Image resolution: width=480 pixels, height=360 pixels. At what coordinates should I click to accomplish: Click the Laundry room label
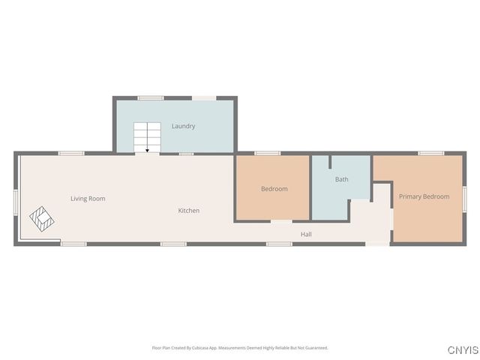click(183, 126)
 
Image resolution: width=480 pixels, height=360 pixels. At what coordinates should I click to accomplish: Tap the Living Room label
click(88, 199)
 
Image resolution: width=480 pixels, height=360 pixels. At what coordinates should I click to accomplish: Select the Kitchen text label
click(188, 211)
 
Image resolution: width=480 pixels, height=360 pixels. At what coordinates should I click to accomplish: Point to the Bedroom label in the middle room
click(274, 189)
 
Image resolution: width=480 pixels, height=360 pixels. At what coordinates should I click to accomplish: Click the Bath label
click(341, 179)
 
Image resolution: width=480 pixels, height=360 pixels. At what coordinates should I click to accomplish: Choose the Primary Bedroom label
click(424, 196)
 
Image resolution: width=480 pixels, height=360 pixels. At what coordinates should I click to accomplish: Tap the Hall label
click(306, 235)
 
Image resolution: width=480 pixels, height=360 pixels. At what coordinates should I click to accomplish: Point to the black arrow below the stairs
click(148, 149)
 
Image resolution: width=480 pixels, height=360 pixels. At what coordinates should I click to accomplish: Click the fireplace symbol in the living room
click(43, 219)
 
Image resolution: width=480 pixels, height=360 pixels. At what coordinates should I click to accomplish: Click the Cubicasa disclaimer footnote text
click(240, 348)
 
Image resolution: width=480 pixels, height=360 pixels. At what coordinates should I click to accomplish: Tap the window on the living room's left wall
click(16, 202)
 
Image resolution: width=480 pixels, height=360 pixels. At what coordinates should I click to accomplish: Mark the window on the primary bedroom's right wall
click(464, 198)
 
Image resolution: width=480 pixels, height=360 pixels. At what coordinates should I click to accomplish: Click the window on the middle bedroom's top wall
click(267, 153)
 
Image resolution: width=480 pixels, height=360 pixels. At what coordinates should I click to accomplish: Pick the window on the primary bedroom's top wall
click(430, 153)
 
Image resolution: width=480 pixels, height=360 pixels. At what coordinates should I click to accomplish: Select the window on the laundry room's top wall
click(151, 97)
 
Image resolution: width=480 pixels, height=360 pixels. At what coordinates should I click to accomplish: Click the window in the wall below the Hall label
click(279, 244)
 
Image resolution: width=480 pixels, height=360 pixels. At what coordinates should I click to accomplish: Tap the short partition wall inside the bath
click(328, 162)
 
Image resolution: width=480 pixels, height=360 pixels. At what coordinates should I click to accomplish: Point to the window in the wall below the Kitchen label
click(173, 244)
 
